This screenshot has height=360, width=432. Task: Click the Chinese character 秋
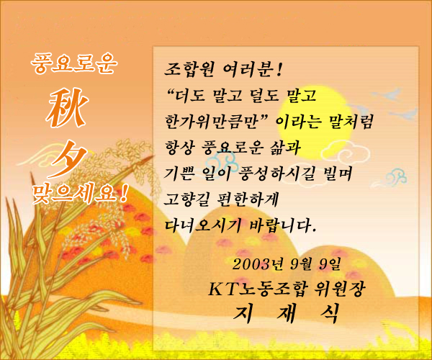coord(67,108)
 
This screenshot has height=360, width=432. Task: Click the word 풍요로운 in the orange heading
coord(74,63)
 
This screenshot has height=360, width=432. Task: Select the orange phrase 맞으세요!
coord(81,194)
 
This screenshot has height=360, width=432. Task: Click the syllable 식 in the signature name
coord(329,313)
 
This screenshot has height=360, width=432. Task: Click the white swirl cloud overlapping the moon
coord(346,150)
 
